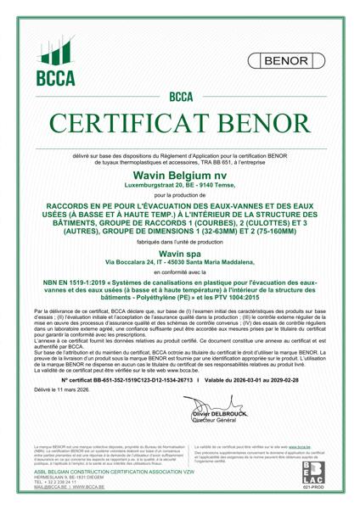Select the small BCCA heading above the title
tap(180, 97)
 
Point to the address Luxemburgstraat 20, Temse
tap(180, 184)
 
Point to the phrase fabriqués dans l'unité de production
tap(180, 243)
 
